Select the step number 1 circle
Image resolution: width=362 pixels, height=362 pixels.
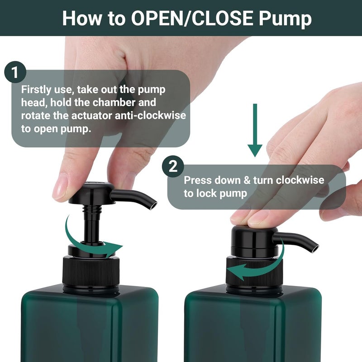pos(15,73)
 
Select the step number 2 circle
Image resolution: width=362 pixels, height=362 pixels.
pos(173,167)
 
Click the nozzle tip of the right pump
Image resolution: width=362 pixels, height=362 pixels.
pos(315,248)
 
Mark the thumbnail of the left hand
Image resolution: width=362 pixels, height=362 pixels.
pos(60,186)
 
